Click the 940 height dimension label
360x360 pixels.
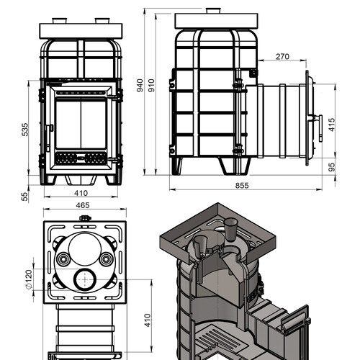pyautogui.click(x=140, y=85)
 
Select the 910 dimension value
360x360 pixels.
pyautogui.click(x=151, y=85)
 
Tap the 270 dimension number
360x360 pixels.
pyautogui.click(x=282, y=57)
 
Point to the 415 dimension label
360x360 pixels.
pyautogui.click(x=331, y=125)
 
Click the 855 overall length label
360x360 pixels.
pyautogui.click(x=242, y=186)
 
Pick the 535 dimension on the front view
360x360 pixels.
pyautogui.click(x=24, y=130)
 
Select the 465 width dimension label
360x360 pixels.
pyautogui.click(x=83, y=205)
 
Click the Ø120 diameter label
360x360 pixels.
pyautogui.click(x=28, y=279)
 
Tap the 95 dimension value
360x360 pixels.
pyautogui.click(x=331, y=167)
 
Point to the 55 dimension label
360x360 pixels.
pyautogui.click(x=24, y=197)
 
